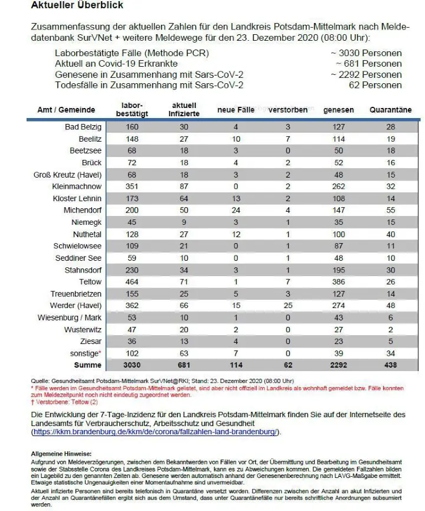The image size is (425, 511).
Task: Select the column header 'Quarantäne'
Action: (x=390, y=110)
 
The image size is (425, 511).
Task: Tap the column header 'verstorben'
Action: (x=288, y=110)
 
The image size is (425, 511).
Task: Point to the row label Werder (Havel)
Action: (x=75, y=306)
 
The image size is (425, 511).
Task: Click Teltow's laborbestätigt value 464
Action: (x=132, y=282)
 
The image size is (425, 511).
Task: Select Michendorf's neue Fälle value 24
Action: (x=236, y=210)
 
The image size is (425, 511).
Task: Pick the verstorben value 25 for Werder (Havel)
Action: (x=288, y=306)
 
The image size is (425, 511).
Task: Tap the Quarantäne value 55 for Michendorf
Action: (x=390, y=210)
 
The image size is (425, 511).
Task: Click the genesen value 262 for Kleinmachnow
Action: (x=339, y=186)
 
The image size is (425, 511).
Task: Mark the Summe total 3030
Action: (x=132, y=366)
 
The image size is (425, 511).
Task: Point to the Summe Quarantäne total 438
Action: (x=390, y=366)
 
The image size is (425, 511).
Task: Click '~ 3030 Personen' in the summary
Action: (x=366, y=53)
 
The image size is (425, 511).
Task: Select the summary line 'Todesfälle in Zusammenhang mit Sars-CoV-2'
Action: (x=149, y=85)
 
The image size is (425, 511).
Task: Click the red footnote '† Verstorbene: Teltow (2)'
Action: (x=65, y=401)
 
